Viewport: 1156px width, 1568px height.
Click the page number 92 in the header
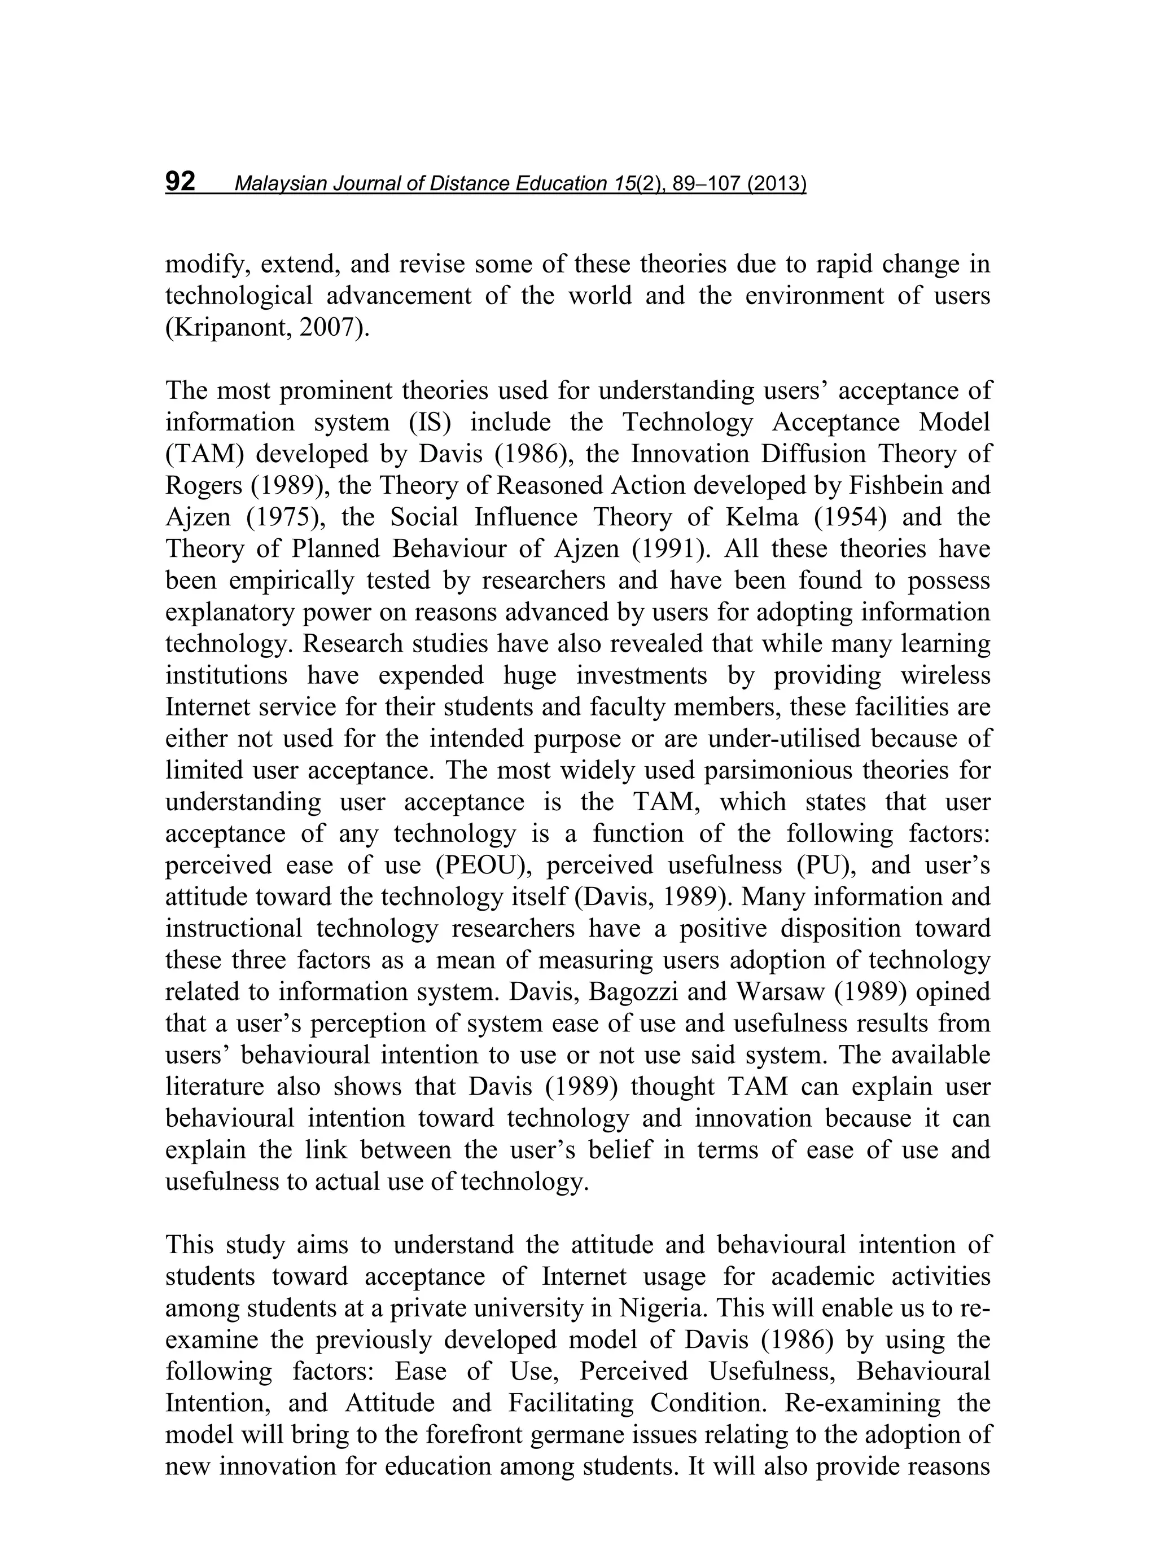click(180, 182)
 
